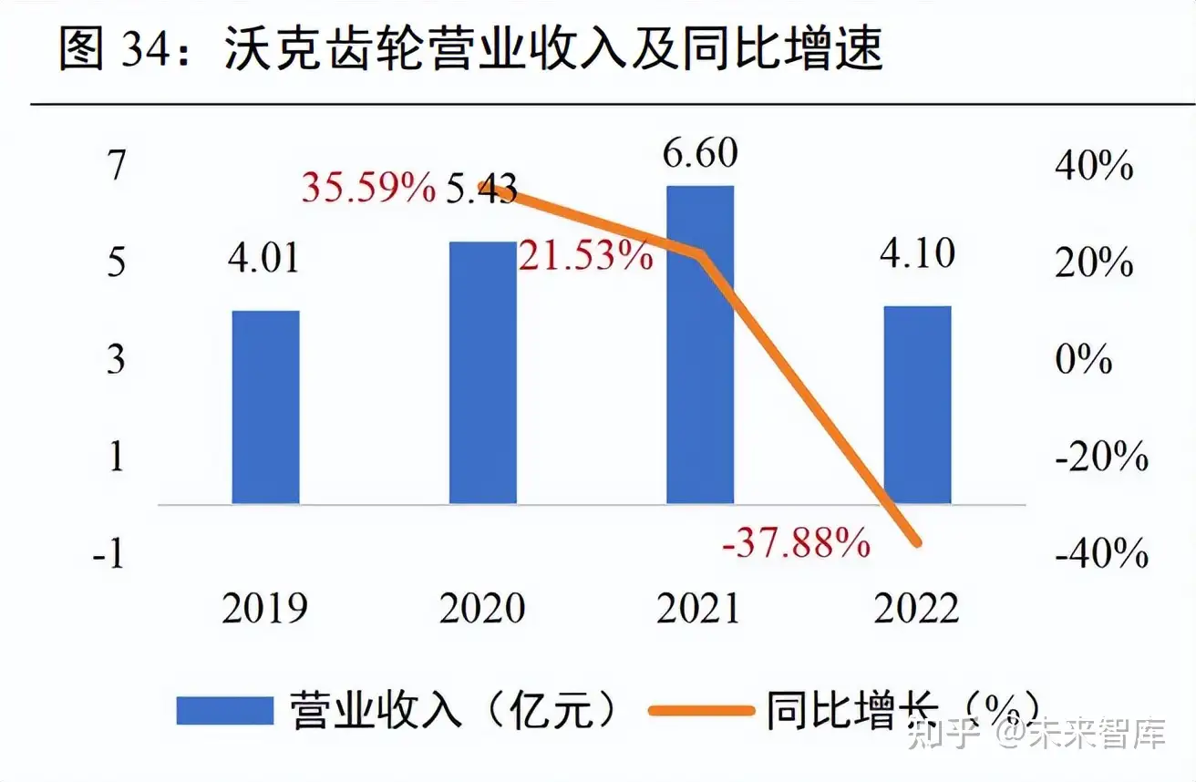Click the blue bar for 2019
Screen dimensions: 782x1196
coord(266,406)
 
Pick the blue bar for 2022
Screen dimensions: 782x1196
coord(917,405)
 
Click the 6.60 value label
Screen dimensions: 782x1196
coord(700,153)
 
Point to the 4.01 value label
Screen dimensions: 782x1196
coord(263,258)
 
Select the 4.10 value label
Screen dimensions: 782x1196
coord(917,252)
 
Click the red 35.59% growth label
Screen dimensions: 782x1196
coord(369,189)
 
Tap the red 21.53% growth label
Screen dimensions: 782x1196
coord(587,256)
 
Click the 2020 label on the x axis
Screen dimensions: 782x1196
coord(482,608)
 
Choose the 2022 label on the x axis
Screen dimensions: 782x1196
coord(917,608)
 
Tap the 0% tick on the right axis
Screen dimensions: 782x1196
coord(1084,360)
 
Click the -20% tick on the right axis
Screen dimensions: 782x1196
coord(1101,457)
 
